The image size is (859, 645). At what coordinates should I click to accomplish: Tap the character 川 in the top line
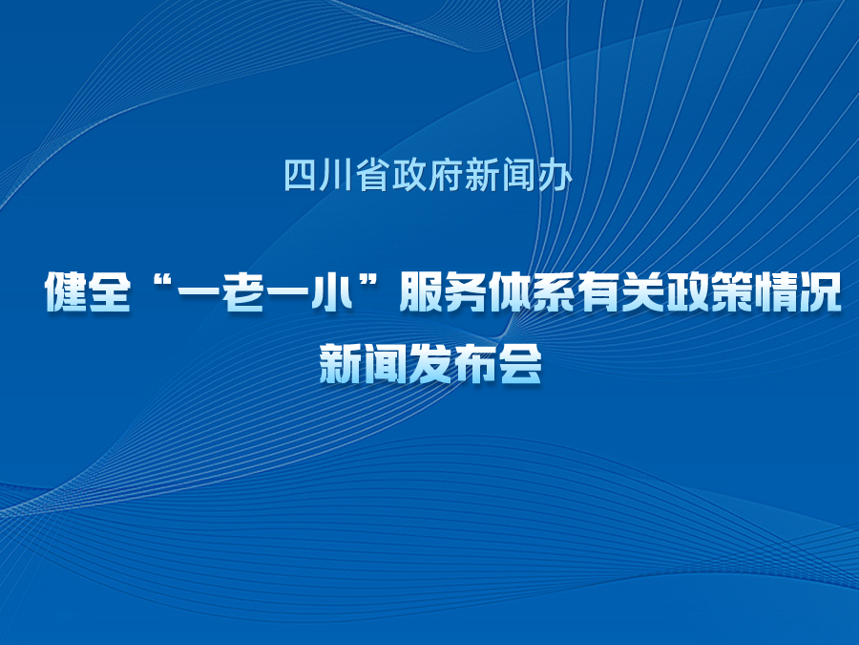click(336, 175)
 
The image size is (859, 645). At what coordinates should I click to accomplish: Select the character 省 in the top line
click(372, 175)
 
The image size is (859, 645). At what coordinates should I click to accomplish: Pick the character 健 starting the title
click(66, 291)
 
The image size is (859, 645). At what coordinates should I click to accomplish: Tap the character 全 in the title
click(110, 291)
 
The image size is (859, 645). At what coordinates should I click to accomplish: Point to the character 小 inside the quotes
click(331, 291)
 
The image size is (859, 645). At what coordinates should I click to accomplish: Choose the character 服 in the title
click(421, 291)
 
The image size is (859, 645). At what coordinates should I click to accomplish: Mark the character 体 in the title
click(510, 291)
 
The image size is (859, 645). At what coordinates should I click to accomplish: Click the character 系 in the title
click(554, 291)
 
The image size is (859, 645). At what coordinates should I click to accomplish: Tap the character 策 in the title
click(731, 291)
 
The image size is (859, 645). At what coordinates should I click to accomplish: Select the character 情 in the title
click(776, 291)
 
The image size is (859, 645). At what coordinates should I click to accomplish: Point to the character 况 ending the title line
click(820, 291)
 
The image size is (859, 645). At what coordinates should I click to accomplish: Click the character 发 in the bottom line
click(430, 363)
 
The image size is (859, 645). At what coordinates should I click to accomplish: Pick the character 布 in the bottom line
click(475, 363)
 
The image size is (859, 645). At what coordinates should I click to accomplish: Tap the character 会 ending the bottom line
click(520, 363)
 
